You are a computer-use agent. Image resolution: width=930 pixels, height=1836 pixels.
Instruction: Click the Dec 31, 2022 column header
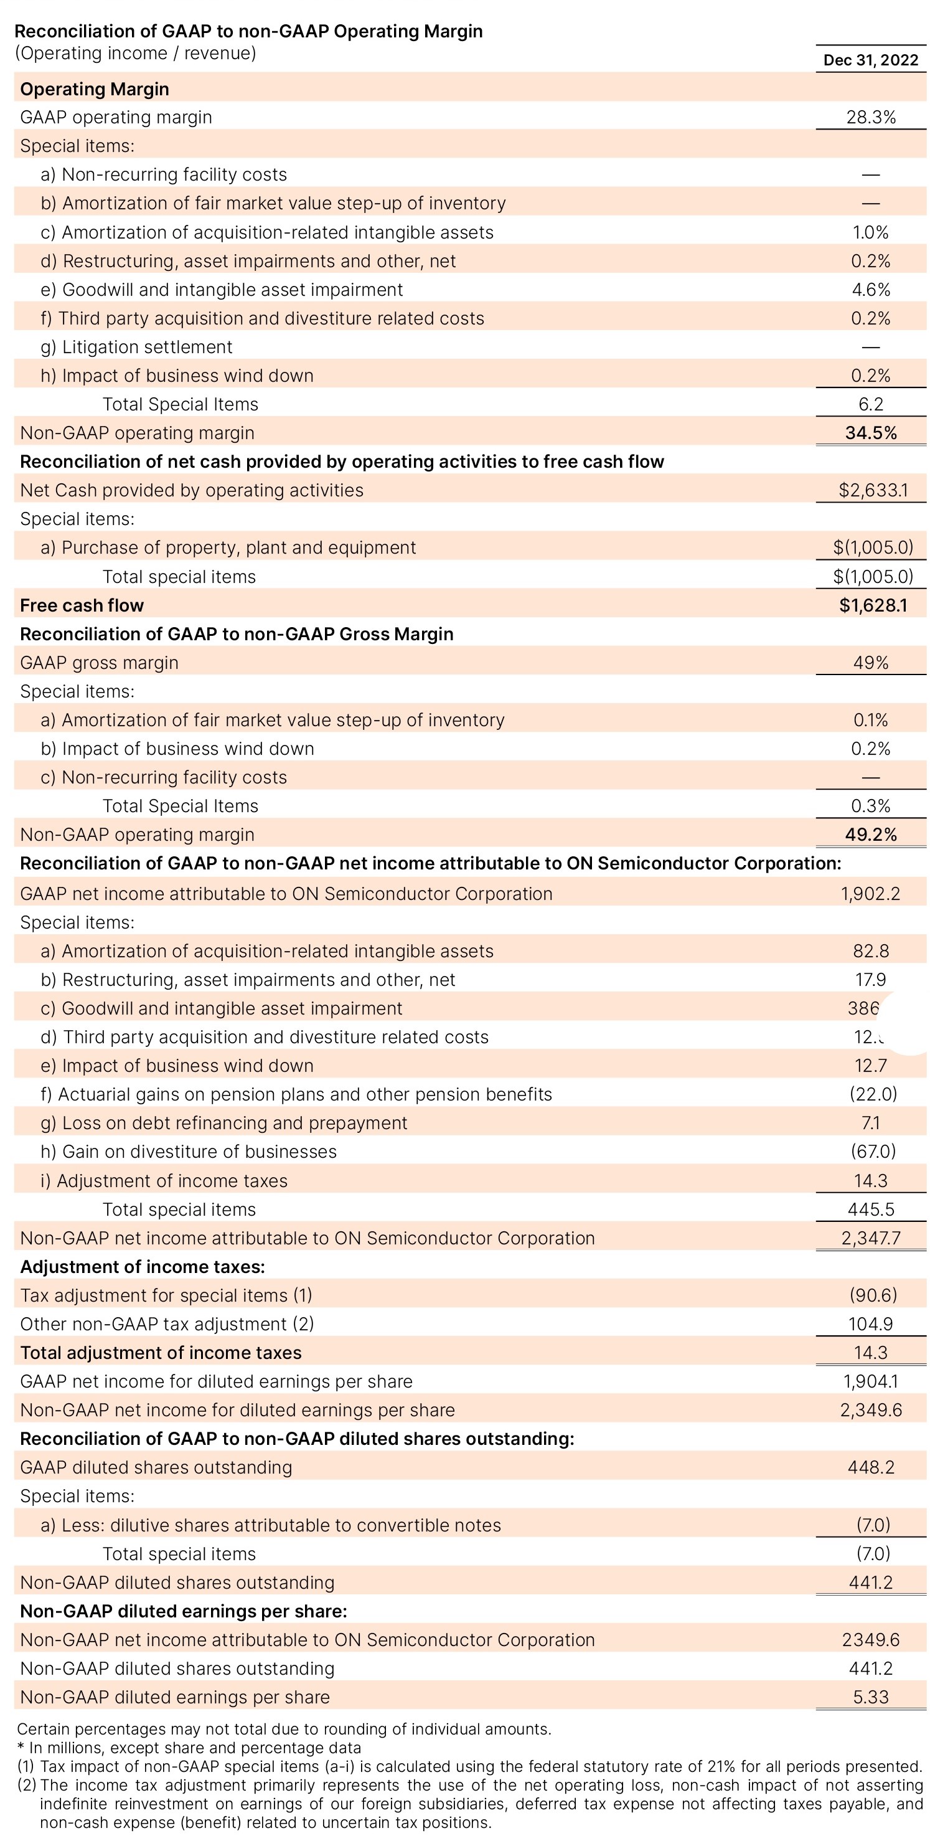coord(870,60)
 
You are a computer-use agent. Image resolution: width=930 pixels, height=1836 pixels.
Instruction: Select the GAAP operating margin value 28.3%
coord(870,118)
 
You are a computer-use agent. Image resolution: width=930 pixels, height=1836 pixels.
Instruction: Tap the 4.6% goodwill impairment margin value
coord(870,290)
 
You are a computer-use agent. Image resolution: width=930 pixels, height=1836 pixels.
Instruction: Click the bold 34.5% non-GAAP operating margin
coord(870,433)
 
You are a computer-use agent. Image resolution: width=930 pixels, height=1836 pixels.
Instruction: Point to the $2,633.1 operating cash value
coord(872,490)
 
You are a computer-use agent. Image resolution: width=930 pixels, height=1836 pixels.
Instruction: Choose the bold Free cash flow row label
coord(82,606)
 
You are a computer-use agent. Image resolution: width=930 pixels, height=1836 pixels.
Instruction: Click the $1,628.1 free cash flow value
coord(872,606)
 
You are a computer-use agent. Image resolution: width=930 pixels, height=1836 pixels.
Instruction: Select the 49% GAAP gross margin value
coord(870,663)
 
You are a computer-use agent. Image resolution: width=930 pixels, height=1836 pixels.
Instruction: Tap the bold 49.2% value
coord(870,835)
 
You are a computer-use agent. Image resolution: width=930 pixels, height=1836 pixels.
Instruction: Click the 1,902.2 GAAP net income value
coord(870,894)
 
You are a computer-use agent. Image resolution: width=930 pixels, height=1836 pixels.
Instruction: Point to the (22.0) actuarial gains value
coord(872,1094)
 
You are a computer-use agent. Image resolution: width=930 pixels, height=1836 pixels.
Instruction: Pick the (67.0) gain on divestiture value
coord(872,1151)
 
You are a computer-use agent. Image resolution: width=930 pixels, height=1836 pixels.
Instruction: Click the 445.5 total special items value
coord(870,1209)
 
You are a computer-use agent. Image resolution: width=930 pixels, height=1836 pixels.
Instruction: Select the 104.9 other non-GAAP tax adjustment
coord(870,1324)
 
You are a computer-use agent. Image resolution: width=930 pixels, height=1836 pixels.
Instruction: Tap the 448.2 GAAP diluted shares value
coord(870,1467)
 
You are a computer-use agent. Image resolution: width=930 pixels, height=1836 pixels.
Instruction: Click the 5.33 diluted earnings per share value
coord(870,1697)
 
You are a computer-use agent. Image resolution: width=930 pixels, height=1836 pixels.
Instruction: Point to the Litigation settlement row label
coord(147,347)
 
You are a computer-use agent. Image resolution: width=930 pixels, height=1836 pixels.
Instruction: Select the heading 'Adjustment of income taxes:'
coord(143,1267)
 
